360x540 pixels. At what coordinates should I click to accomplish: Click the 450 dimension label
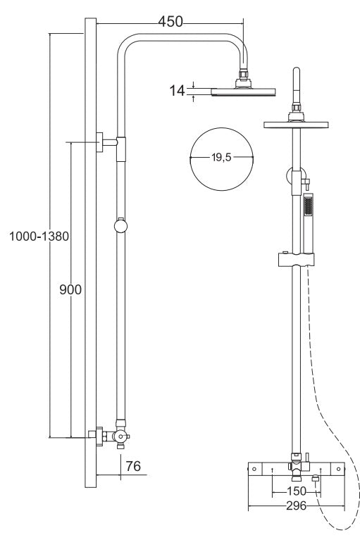[x=170, y=21]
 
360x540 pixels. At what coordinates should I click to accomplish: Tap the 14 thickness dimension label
[x=177, y=91]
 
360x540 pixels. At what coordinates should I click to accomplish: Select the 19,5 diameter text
[x=221, y=158]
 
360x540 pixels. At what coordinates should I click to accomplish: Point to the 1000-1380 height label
[x=39, y=237]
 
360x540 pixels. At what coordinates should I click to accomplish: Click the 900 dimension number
[x=70, y=289]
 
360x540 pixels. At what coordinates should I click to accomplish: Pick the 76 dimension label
[x=133, y=466]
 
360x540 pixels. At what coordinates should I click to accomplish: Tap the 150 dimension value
[x=296, y=491]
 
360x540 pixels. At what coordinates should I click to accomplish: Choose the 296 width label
[x=296, y=506]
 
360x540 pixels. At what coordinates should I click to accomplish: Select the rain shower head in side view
[x=243, y=92]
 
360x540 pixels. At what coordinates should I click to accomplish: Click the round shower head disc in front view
[x=296, y=125]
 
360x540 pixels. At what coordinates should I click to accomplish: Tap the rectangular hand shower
[x=308, y=222]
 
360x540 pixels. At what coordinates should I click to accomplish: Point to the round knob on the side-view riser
[x=120, y=226]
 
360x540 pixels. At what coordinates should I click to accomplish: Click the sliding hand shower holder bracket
[x=296, y=259]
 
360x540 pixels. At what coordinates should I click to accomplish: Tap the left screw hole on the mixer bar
[x=254, y=469]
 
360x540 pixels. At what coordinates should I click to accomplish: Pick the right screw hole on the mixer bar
[x=338, y=469]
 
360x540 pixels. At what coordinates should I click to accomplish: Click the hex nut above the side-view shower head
[x=244, y=74]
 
